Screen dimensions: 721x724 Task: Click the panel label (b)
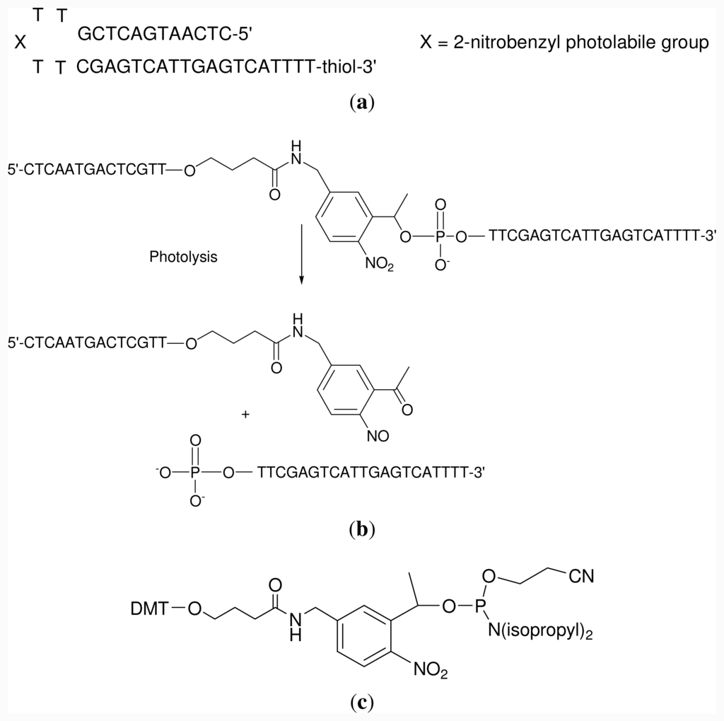pyautogui.click(x=362, y=529)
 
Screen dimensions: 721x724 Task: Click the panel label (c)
pyautogui.click(x=362, y=703)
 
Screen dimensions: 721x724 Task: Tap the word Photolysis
pyautogui.click(x=183, y=258)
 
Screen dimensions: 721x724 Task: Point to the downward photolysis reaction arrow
pyautogui.click(x=302, y=254)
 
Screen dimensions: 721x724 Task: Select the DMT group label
pyautogui.click(x=146, y=607)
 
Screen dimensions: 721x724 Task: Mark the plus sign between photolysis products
pyautogui.click(x=245, y=415)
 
